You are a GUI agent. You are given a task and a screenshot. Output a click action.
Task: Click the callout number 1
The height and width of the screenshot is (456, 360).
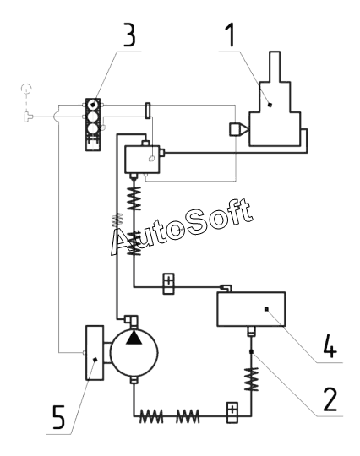pos(231,35)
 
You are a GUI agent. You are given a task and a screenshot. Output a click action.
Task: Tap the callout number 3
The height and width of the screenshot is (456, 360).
pos(129,35)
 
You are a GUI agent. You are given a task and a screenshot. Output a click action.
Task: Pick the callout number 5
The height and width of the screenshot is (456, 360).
pos(58,417)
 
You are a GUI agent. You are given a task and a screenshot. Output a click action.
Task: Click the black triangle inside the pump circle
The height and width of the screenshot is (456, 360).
pos(134,338)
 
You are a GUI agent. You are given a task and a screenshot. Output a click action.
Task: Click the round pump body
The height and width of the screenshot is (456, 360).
pos(134,352)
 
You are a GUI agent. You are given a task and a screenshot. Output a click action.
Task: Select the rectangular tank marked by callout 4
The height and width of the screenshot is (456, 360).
pos(251,309)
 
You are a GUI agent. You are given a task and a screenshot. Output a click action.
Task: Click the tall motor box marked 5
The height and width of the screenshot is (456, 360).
pos(95,352)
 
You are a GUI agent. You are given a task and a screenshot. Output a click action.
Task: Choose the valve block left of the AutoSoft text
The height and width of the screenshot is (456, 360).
pos(142,160)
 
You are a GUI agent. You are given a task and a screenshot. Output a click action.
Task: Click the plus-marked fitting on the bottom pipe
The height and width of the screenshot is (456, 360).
pos(232,413)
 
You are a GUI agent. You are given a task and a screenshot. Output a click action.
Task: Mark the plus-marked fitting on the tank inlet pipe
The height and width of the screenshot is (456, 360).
pos(168,284)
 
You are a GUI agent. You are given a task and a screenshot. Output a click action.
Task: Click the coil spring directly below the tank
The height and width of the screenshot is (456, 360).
pos(251,379)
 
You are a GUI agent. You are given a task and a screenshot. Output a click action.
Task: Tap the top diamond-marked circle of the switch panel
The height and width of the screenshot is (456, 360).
pos(93,105)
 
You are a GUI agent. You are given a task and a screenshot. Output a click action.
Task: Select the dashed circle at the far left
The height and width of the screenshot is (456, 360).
pos(26,88)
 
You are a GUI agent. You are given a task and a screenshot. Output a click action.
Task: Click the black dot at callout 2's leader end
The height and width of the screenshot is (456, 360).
pos(252,352)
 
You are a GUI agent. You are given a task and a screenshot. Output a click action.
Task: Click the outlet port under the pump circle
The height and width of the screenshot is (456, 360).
pos(134,380)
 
